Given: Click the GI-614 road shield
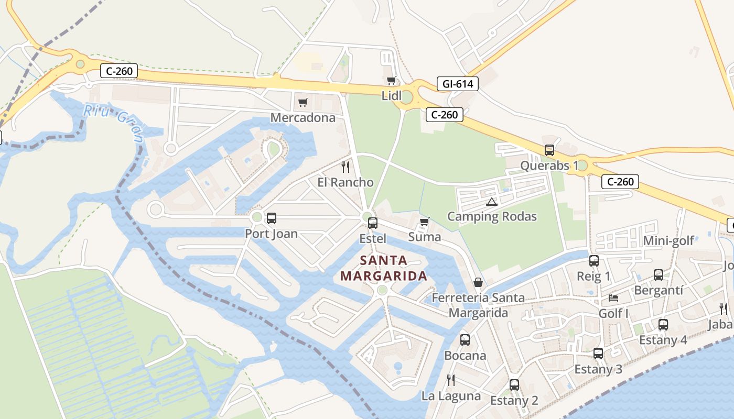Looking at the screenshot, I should pyautogui.click(x=458, y=84).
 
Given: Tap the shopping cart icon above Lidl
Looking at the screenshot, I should pyautogui.click(x=391, y=81).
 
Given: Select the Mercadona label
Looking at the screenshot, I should pyautogui.click(x=303, y=117).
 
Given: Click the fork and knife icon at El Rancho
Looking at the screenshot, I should pyautogui.click(x=345, y=167).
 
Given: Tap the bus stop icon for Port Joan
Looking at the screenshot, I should pyautogui.click(x=271, y=218).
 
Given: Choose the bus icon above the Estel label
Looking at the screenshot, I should pyautogui.click(x=372, y=223).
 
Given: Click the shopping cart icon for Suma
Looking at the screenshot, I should pyautogui.click(x=424, y=222).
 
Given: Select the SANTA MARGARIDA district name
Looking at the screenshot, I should pyautogui.click(x=383, y=268).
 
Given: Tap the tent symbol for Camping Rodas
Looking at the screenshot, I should pyautogui.click(x=491, y=202).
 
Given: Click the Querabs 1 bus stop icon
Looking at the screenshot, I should pyautogui.click(x=549, y=150).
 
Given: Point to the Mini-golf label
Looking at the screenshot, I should pyautogui.click(x=668, y=240).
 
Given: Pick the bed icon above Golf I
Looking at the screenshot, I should pyautogui.click(x=613, y=298).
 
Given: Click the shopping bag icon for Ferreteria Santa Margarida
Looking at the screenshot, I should pyautogui.click(x=478, y=282).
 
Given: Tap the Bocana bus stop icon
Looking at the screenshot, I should pyautogui.click(x=465, y=340).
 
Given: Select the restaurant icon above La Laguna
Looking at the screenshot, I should pyautogui.click(x=450, y=380).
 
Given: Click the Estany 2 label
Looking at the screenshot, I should pyautogui.click(x=514, y=401).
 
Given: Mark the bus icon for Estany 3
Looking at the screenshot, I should pyautogui.click(x=598, y=354).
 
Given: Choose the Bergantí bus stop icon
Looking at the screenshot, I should pyautogui.click(x=658, y=275).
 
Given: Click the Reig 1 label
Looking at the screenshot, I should pyautogui.click(x=593, y=276).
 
